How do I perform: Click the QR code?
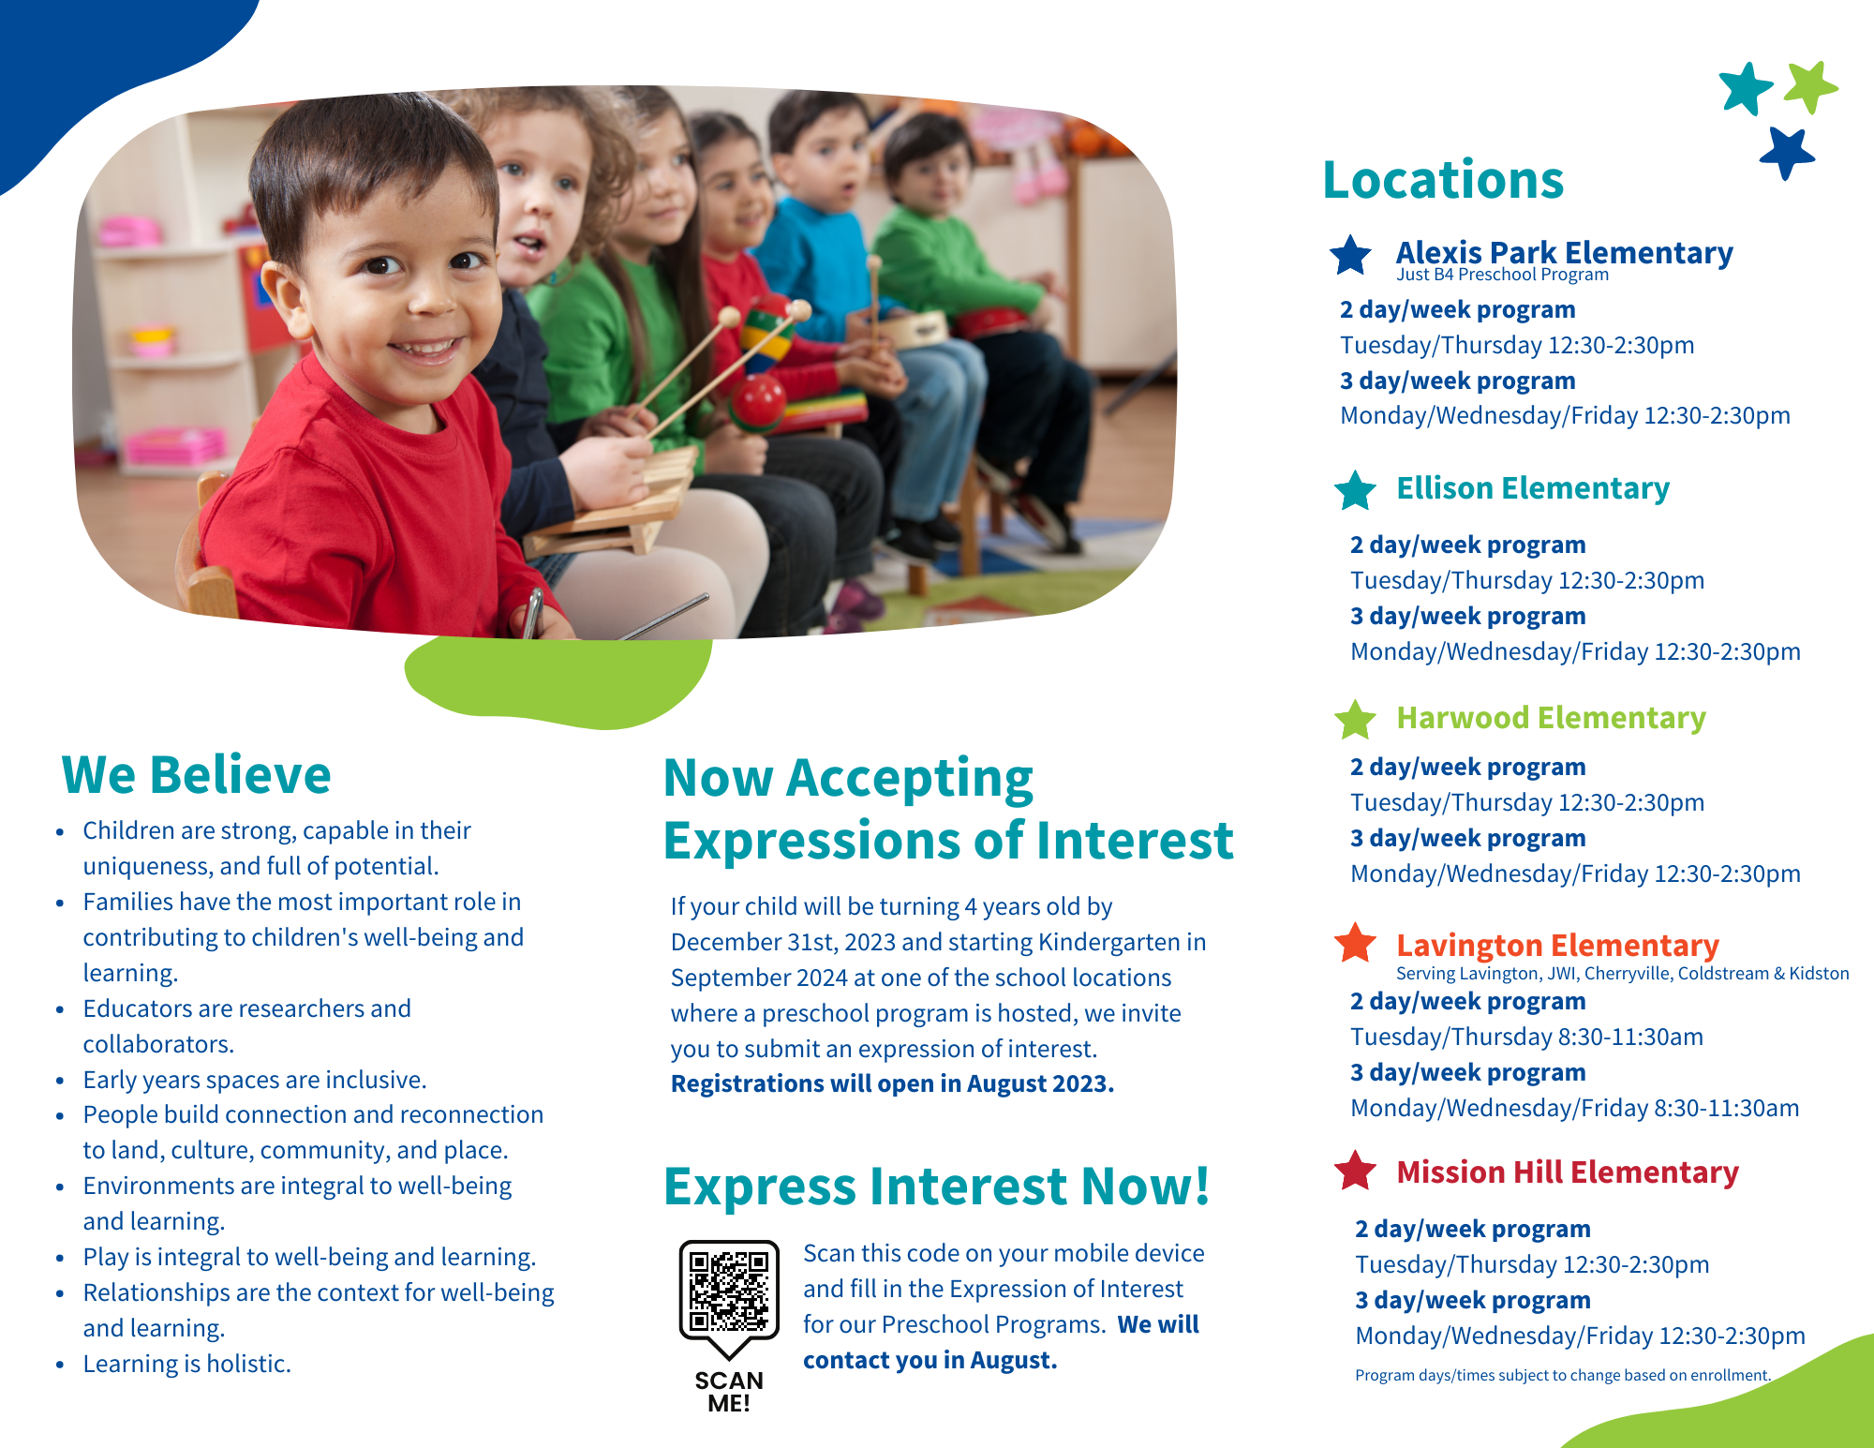pos(729,1291)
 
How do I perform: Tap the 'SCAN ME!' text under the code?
pos(729,1392)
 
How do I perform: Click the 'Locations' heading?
pos(1443,179)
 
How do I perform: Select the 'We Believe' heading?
pos(196,774)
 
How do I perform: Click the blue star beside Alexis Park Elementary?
pos(1350,255)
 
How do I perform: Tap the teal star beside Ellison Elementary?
pos(1355,490)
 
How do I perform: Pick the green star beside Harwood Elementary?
pos(1355,720)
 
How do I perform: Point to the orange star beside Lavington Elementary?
pos(1355,943)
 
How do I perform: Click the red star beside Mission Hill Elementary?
pos(1355,1171)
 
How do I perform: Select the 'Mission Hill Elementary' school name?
pos(1568,1172)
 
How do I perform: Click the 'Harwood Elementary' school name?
pos(1551,718)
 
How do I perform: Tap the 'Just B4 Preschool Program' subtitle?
pos(1502,275)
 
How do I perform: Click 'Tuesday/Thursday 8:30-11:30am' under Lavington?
pos(1526,1037)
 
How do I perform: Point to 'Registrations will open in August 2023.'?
pos(892,1083)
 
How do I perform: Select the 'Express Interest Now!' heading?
pos(937,1186)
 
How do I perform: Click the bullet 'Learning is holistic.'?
pos(186,1364)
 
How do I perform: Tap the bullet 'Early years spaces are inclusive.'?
pos(254,1080)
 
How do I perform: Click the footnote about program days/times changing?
pos(1563,1375)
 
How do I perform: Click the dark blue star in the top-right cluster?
pos(1787,153)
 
